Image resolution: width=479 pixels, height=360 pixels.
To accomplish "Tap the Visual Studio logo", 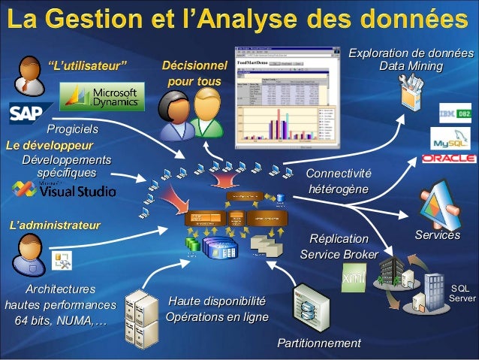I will point(77,189).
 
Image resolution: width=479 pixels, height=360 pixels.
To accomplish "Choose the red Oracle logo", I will point(449,159).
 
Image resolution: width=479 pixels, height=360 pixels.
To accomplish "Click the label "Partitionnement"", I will point(319,343).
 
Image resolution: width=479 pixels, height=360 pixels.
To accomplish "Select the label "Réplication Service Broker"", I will point(339,247).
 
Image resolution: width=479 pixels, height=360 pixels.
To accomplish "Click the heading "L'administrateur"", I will point(54,224).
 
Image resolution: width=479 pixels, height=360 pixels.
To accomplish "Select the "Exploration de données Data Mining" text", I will point(411,60).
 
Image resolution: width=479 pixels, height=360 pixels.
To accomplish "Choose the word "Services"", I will point(438,236).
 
